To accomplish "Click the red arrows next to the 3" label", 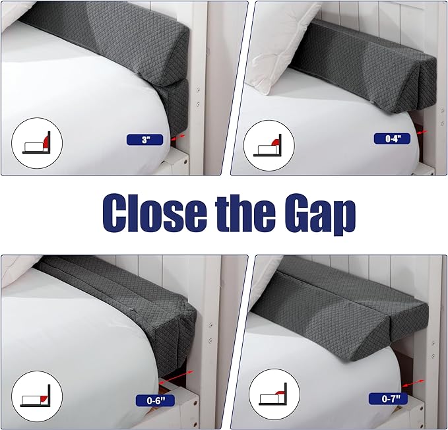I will click(x=176, y=137).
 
